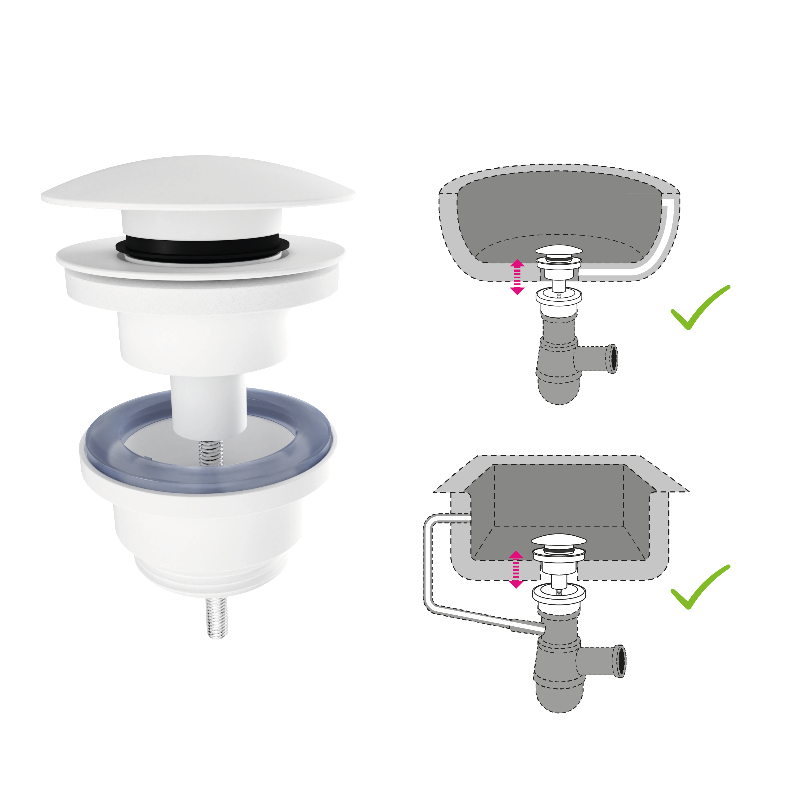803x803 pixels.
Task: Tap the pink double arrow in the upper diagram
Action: point(517,277)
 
